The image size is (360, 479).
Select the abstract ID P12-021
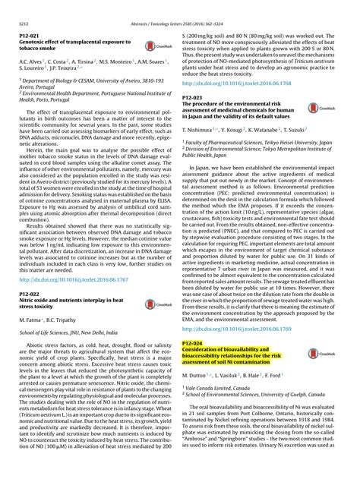tap(30, 17)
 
